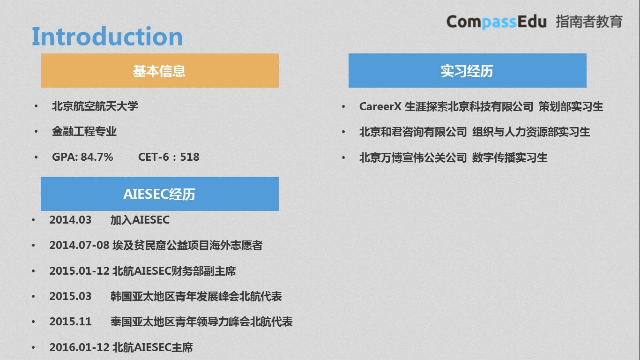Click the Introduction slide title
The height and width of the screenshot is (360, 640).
click(107, 37)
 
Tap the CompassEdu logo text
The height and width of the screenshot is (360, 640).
click(496, 22)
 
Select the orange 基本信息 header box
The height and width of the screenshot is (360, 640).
click(160, 71)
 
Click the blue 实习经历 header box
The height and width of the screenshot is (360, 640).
click(467, 71)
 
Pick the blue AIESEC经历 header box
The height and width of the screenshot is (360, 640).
click(159, 194)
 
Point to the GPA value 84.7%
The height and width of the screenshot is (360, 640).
click(97, 157)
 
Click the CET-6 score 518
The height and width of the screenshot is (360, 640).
click(190, 157)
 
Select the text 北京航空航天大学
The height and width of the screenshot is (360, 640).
click(95, 106)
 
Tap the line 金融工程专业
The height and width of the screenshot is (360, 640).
click(84, 132)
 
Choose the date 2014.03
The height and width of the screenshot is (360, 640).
click(70, 220)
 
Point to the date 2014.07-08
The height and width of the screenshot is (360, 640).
click(79, 245)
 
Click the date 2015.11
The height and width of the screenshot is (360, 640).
click(70, 322)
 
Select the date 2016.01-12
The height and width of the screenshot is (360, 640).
click(79, 347)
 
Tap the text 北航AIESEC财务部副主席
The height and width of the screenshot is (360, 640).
click(174, 271)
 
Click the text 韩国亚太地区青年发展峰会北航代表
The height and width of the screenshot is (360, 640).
click(196, 296)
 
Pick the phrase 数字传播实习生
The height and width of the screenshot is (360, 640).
click(509, 157)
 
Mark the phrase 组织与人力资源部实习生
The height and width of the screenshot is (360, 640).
click(531, 132)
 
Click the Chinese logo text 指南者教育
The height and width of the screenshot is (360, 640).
click(589, 22)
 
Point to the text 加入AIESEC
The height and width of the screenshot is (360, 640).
click(140, 220)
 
